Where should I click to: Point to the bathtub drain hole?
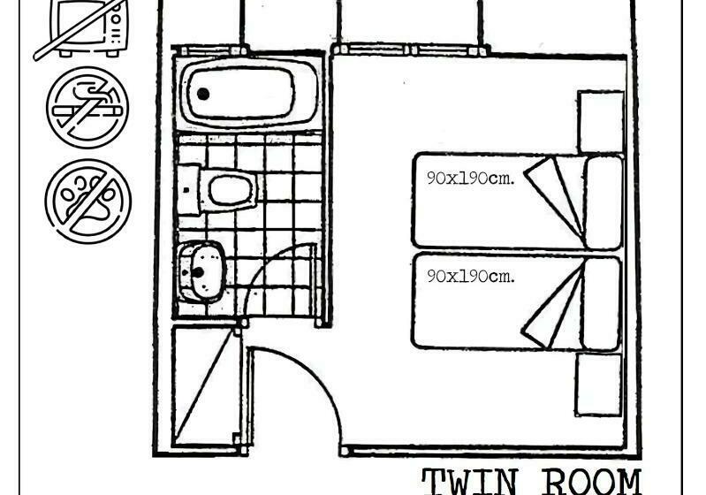[x=203, y=93]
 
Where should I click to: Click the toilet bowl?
[x=231, y=188]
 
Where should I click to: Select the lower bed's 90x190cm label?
[x=470, y=275]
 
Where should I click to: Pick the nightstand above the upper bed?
[x=601, y=121]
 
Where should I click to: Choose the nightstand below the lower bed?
[x=598, y=384]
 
